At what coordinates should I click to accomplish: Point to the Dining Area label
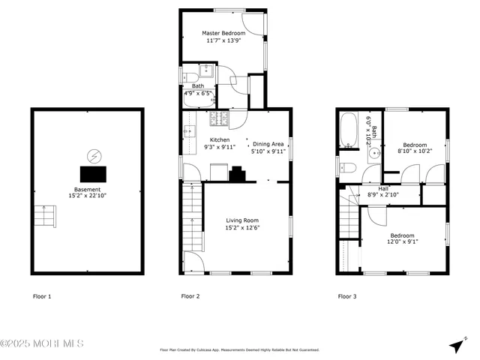tap(268, 143)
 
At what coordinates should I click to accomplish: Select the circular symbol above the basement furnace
tap(94, 157)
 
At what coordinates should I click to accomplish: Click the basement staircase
tap(46, 216)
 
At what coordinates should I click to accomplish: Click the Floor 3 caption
tap(346, 297)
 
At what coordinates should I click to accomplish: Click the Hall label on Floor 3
tap(384, 189)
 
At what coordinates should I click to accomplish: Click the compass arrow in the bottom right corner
tap(457, 345)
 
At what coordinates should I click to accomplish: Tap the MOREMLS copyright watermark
tap(42, 343)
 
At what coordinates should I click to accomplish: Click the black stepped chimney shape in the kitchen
tap(237, 174)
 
